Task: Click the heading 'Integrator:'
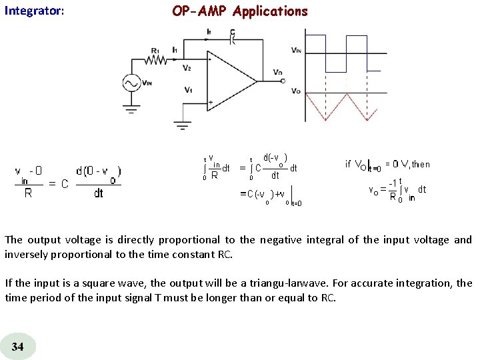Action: pos(34,11)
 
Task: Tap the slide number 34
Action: pos(18,346)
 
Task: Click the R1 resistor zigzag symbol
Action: pos(157,60)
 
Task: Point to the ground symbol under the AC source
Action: pos(131,105)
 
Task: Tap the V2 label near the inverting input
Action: pos(187,67)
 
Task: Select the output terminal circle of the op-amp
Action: pos(282,81)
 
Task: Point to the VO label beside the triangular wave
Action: pos(296,91)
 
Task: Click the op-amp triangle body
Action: pos(230,81)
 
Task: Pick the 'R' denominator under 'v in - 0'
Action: pos(28,193)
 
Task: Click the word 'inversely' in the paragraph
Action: pos(25,253)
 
